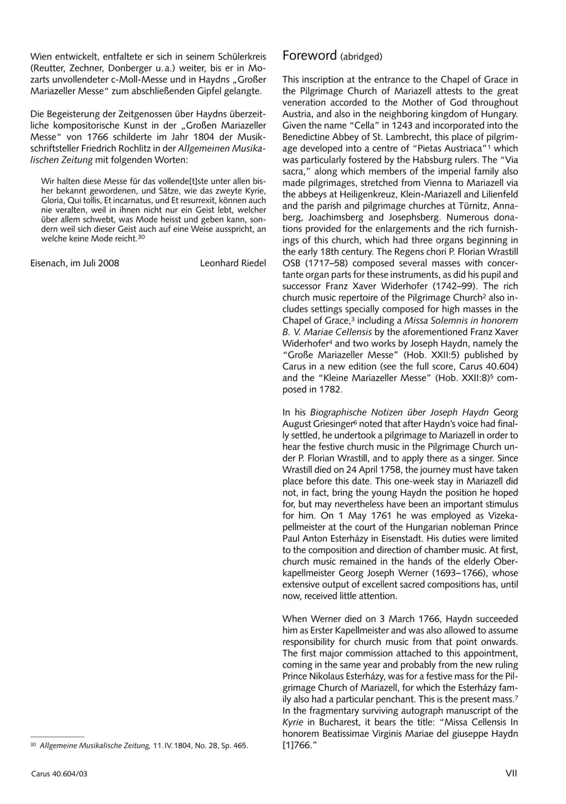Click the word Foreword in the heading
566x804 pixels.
click(x=309, y=55)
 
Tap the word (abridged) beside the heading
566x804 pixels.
click(x=361, y=57)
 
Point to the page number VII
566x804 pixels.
click(x=511, y=773)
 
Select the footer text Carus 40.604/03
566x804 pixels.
click(x=60, y=774)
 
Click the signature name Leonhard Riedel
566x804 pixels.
click(x=233, y=263)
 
